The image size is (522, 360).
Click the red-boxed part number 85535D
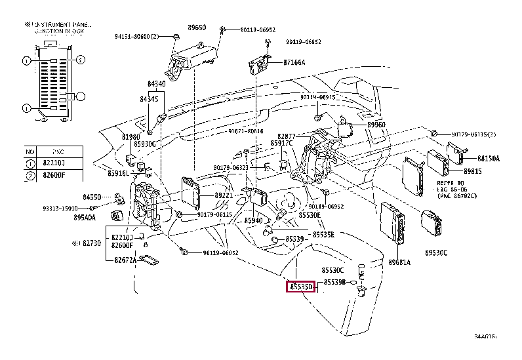pos(301,287)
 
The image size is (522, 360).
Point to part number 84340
pos(157,84)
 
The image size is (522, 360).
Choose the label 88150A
pos(488,159)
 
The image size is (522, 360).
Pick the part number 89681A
pos(399,262)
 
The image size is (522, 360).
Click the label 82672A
pos(123,260)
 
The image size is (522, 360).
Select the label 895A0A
pos(85,218)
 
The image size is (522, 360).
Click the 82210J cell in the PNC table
pos(54,163)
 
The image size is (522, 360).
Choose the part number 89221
pos(224,195)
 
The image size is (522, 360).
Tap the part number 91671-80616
pos(246,131)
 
